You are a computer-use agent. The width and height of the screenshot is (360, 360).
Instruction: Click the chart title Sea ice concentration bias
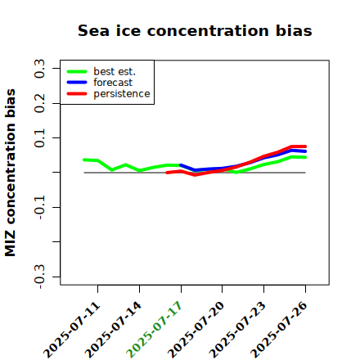[195, 30]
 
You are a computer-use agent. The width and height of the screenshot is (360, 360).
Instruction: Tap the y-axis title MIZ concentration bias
[11, 173]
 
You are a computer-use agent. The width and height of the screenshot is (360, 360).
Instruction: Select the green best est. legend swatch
[77, 71]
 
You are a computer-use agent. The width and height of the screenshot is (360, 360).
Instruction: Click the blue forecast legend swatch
[77, 83]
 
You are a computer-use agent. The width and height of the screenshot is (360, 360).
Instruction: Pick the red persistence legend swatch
[77, 94]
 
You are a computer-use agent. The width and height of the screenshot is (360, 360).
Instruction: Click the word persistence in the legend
[122, 94]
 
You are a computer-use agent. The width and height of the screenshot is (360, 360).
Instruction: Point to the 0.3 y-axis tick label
[40, 69]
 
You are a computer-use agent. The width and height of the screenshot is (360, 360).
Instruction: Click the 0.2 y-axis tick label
[40, 103]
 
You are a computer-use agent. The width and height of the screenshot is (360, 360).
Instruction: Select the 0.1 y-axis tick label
[40, 138]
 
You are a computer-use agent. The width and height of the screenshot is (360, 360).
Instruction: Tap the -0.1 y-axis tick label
[40, 208]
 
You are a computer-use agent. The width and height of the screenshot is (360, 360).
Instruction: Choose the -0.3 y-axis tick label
[40, 277]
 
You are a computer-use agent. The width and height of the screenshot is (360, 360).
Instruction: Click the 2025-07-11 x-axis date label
[72, 330]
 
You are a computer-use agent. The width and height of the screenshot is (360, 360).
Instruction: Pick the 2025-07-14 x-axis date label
[114, 330]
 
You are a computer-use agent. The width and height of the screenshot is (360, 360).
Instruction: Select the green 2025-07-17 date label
[155, 330]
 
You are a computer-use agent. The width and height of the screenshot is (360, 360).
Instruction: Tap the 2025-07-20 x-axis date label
[196, 330]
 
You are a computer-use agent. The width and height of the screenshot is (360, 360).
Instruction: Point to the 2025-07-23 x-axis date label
[237, 330]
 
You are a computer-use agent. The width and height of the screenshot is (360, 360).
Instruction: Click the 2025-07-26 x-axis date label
[279, 330]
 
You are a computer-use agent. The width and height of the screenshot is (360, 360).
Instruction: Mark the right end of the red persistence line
[305, 146]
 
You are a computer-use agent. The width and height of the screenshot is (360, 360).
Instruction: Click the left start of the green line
[84, 160]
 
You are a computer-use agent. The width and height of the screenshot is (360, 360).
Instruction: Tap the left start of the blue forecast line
[181, 165]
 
